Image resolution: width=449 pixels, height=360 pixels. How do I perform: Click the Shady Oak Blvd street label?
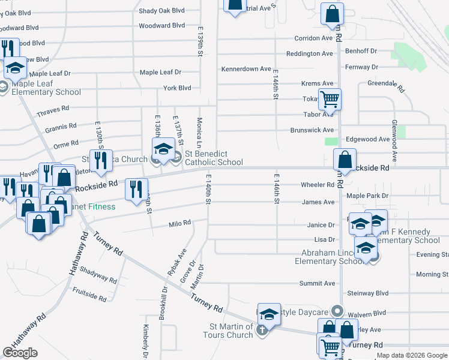161,11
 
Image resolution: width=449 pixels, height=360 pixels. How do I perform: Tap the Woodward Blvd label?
161,26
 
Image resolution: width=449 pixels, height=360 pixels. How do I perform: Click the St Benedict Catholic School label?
214,157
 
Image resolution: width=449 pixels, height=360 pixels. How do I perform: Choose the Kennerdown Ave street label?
246,69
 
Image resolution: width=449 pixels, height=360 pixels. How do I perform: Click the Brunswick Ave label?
312,130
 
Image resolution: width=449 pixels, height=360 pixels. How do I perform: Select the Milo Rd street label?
179,223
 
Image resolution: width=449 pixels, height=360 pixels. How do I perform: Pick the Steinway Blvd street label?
368,293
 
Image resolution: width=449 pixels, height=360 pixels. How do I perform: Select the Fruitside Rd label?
89,293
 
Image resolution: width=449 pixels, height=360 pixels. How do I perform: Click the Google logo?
20,353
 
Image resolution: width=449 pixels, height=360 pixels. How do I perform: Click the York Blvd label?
177,88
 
